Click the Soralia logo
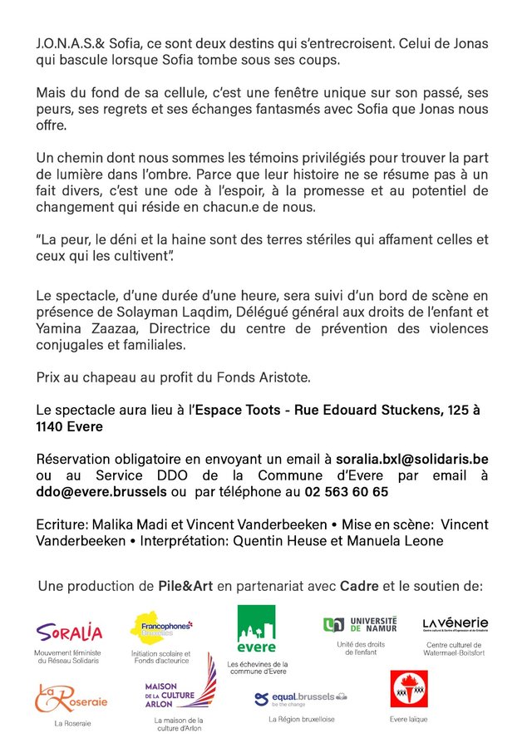(70, 633)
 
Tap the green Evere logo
(256, 629)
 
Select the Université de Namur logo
(360, 624)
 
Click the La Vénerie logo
(455, 624)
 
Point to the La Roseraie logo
(71, 698)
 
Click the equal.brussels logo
(300, 698)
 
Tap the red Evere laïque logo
(408, 689)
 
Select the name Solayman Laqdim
(160, 312)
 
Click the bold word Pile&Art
(185, 586)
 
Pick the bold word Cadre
(359, 586)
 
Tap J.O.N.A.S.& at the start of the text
(64, 44)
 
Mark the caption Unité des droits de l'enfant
(360, 648)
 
